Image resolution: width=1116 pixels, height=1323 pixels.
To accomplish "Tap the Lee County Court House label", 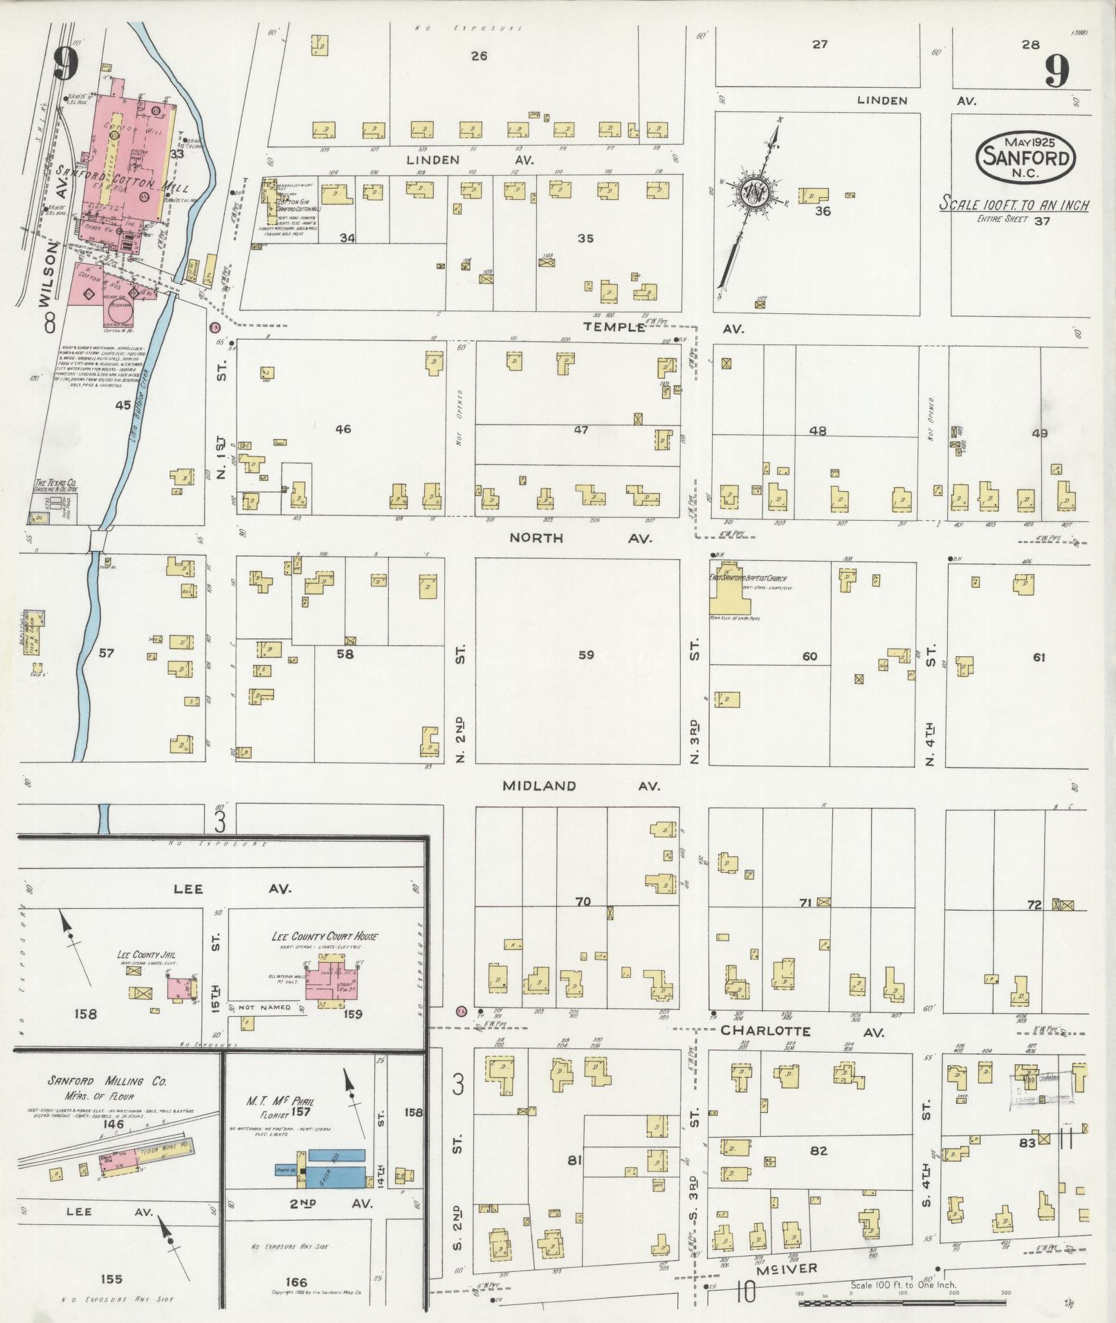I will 324,936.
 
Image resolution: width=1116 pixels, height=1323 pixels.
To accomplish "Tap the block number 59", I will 585,654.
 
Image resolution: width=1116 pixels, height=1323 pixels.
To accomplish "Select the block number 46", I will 342,429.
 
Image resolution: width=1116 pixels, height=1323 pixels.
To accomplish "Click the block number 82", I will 818,1151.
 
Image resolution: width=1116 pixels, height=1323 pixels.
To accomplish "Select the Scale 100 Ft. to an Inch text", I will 1014,205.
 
